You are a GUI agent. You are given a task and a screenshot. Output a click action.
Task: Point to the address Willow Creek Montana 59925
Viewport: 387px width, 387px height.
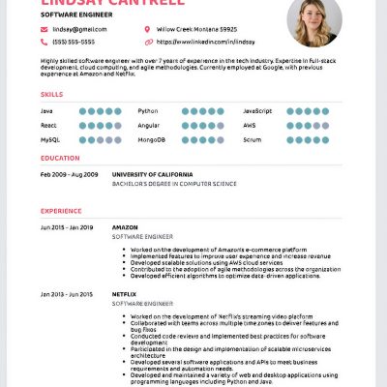click(x=196, y=30)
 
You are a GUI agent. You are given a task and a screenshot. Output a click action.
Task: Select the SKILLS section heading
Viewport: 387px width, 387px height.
click(x=52, y=94)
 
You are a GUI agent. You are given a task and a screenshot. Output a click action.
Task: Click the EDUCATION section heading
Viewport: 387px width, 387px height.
click(x=60, y=157)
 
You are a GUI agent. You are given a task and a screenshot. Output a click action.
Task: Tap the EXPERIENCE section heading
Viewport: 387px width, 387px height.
click(x=62, y=210)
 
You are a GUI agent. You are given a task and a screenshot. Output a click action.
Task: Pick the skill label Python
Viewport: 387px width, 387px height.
click(x=148, y=111)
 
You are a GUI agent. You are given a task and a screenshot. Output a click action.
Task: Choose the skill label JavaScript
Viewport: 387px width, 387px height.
click(x=258, y=111)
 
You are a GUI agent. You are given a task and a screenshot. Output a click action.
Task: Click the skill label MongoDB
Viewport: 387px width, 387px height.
click(x=153, y=139)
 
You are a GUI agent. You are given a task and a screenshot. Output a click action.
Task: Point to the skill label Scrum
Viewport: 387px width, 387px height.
click(x=253, y=139)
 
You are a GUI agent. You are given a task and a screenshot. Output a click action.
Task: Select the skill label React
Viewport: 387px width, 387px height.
click(x=49, y=125)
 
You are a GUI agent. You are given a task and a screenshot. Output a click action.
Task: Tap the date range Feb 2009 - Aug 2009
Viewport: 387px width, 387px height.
click(x=69, y=174)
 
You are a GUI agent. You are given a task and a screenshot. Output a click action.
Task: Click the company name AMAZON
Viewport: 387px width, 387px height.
click(x=125, y=226)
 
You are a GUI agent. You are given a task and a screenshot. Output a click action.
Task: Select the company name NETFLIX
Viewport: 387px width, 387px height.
click(x=126, y=292)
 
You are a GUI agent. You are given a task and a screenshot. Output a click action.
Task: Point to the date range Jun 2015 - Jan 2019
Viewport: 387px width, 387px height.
click(x=67, y=226)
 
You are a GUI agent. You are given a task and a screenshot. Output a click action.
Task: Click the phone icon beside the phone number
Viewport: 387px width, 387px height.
click(x=44, y=43)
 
